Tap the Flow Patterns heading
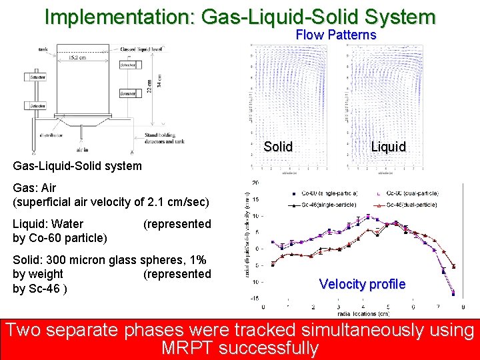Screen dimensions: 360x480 [336, 35]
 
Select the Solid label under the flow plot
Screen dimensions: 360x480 [278, 147]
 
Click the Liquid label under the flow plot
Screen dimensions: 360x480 [388, 147]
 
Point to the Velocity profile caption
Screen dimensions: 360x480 [362, 284]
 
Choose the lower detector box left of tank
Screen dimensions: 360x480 [35, 105]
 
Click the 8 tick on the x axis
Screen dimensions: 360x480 [463, 307]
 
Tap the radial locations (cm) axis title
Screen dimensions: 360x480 [363, 313]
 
